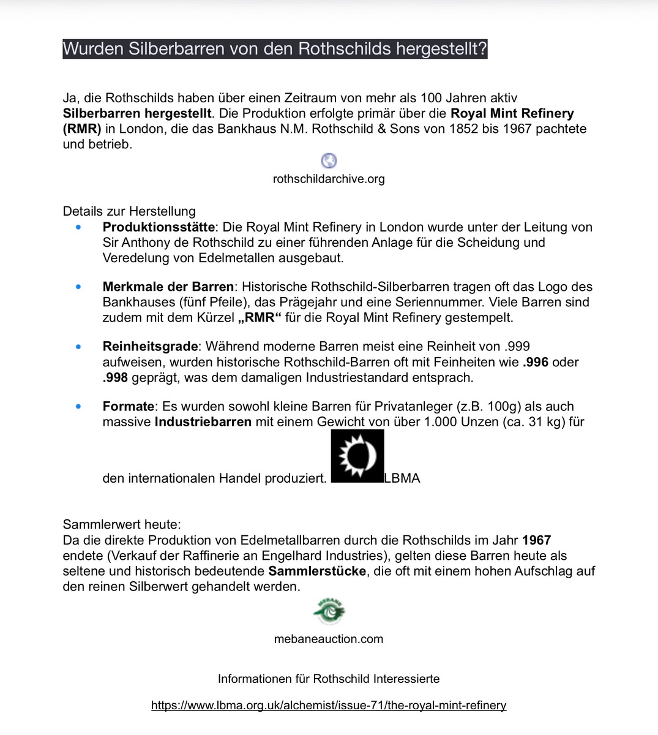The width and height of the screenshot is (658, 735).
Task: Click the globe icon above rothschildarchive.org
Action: pyautogui.click(x=329, y=160)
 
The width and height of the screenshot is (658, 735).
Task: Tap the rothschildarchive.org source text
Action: pyautogui.click(x=329, y=179)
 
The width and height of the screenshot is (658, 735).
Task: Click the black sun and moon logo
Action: pyautogui.click(x=357, y=456)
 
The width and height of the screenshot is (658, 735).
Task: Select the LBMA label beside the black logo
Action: pyautogui.click(x=402, y=478)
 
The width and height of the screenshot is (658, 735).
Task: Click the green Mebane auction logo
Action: pyautogui.click(x=329, y=611)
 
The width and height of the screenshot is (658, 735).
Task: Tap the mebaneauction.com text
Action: pyautogui.click(x=329, y=639)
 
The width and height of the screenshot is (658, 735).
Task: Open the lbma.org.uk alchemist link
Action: pyautogui.click(x=329, y=705)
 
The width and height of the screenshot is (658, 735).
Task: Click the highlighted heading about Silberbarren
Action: pyautogui.click(x=275, y=48)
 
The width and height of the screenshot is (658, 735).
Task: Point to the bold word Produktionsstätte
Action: pyautogui.click(x=159, y=227)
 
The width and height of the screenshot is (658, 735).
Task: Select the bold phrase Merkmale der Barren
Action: pyautogui.click(x=168, y=287)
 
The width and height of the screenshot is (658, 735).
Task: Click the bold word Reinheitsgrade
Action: pyautogui.click(x=151, y=346)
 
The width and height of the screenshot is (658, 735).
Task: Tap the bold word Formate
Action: pyautogui.click(x=129, y=406)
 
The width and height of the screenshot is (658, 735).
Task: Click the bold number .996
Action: pyautogui.click(x=536, y=362)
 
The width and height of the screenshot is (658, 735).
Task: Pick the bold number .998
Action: pyautogui.click(x=115, y=377)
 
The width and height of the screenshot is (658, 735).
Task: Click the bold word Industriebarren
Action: pyautogui.click(x=203, y=421)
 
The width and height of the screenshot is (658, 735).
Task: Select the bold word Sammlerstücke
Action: pyautogui.click(x=317, y=571)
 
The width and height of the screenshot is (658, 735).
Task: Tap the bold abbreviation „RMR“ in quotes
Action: pyautogui.click(x=260, y=317)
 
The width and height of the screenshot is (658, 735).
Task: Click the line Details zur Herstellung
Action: pyautogui.click(x=129, y=211)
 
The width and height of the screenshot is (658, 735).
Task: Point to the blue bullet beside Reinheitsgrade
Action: pyautogui.click(x=78, y=347)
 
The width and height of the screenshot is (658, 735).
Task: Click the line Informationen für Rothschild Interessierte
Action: pyautogui.click(x=329, y=679)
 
